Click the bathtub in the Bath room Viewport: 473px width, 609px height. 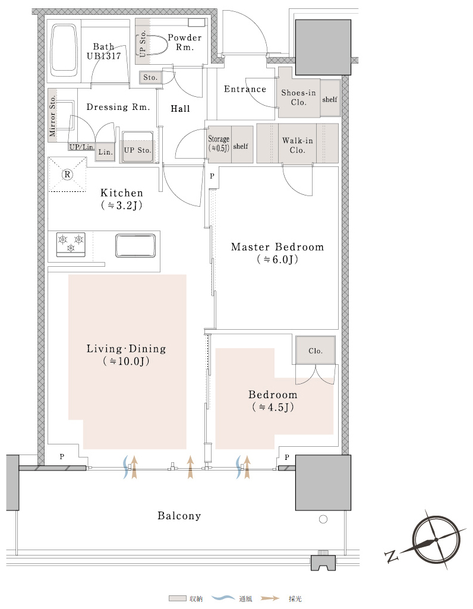(x=64, y=51)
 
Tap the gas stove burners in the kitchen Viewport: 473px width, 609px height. (x=71, y=244)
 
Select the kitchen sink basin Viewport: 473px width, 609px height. (x=135, y=245)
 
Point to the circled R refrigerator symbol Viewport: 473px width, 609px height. (x=67, y=175)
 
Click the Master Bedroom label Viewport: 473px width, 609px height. (x=278, y=247)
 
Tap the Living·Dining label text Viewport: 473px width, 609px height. (x=126, y=349)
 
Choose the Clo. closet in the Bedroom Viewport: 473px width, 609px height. (x=316, y=351)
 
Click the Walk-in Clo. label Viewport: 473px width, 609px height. (x=298, y=145)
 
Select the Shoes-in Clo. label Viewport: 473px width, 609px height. (x=298, y=97)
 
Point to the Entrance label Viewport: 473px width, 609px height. (x=245, y=89)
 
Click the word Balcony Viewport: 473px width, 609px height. (x=179, y=516)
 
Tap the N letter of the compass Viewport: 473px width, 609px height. (x=392, y=556)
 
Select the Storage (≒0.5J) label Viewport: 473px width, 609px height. (x=219, y=143)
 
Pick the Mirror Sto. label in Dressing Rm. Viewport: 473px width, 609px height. (x=52, y=116)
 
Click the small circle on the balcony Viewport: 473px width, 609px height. (x=323, y=519)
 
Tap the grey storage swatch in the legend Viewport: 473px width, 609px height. (x=178, y=598)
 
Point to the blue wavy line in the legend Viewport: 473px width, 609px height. (x=223, y=598)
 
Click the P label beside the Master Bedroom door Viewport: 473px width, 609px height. (x=212, y=176)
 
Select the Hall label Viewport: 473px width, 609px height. (x=181, y=109)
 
